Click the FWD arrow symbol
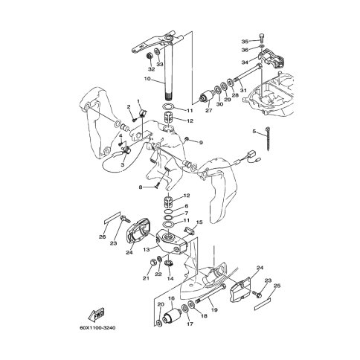pyautogui.click(x=96, y=315)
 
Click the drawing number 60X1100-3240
pyautogui.click(x=97, y=328)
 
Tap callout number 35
pyautogui.click(x=245, y=42)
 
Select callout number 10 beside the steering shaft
pyautogui.click(x=147, y=79)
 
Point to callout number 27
pyautogui.click(x=209, y=111)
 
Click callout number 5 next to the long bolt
pyautogui.click(x=254, y=132)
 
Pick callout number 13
pyautogui.click(x=147, y=249)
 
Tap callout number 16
pyautogui.click(x=171, y=298)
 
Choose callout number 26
pyautogui.click(x=103, y=237)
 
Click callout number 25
pyautogui.click(x=277, y=286)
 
